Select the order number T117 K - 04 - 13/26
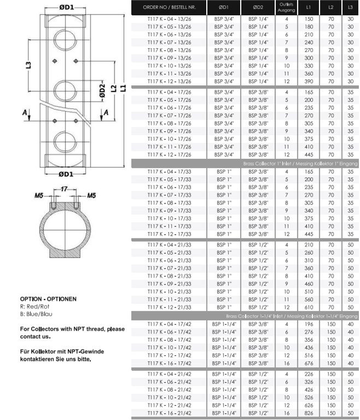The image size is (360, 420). (169, 18)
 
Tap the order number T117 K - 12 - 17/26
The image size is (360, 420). (169, 155)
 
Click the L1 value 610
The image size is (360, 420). (309, 307)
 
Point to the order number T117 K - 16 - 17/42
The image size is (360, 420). (169, 363)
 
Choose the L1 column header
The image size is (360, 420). (309, 8)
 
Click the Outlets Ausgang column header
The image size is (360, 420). (286, 8)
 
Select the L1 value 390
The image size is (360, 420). (309, 81)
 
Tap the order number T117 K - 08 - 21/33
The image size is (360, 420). (169, 276)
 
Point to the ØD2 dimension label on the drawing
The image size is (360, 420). (102, 91)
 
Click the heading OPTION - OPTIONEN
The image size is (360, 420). (48, 299)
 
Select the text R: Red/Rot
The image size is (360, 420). (37, 307)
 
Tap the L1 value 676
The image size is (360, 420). (309, 363)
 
